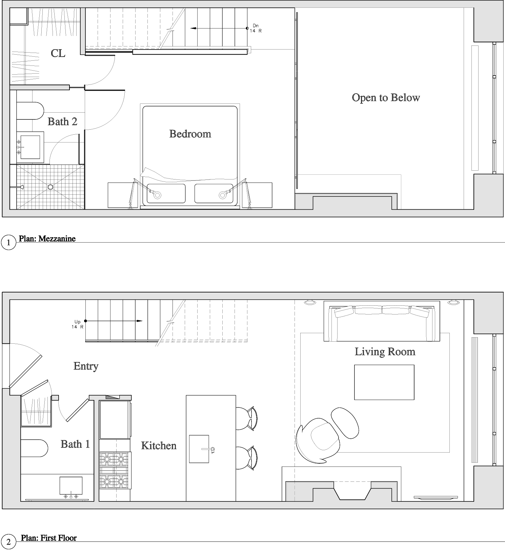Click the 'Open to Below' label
coord(386,98)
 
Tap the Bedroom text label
coord(190,134)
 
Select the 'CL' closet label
coord(58,53)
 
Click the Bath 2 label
coord(62,121)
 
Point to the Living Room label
coord(385,351)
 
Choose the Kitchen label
coord(159,445)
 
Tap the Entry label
coord(86,366)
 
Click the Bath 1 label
coord(75,444)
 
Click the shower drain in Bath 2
coord(50,187)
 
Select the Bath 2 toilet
coord(30,111)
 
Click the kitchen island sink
coord(199,449)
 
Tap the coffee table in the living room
coord(384,382)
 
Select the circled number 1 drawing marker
coord(8,243)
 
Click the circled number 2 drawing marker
coord(8,542)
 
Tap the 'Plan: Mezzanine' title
coord(47,239)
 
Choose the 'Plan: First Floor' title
coord(49,538)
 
